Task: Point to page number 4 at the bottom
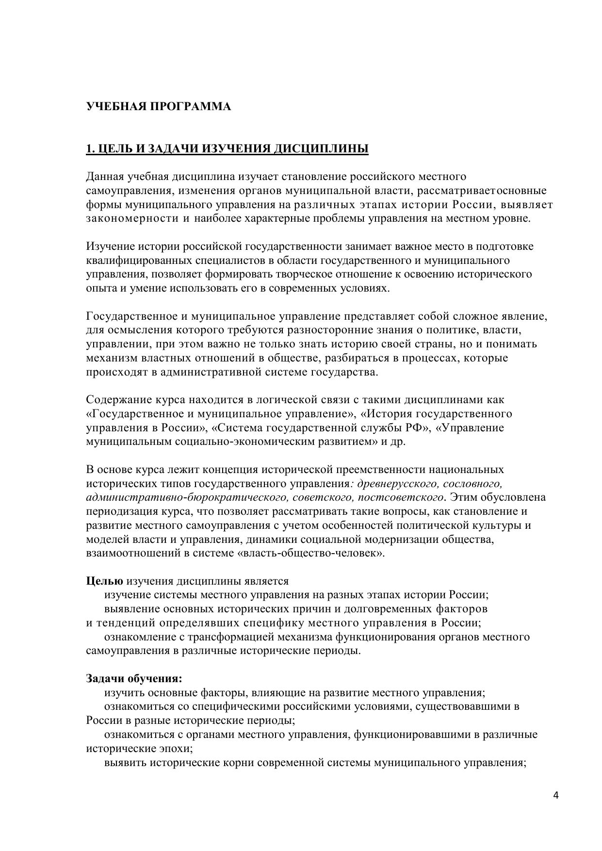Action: tap(556, 796)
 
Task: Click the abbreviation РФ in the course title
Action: tap(415, 428)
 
